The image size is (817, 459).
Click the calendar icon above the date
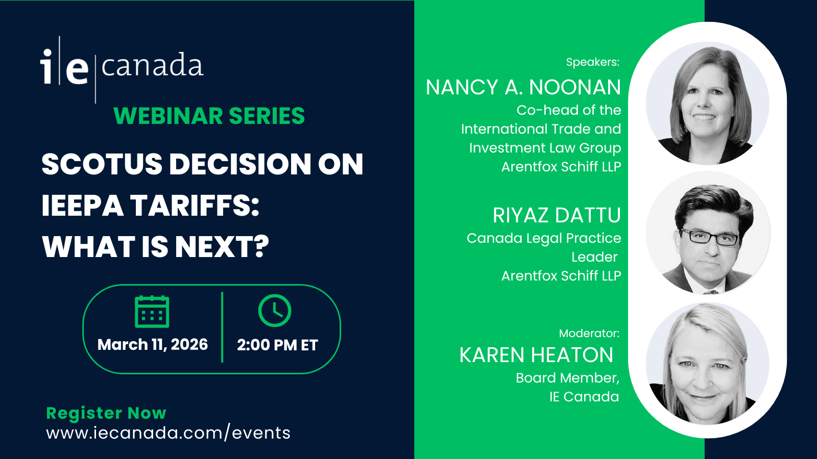pos(152,312)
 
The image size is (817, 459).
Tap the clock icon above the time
pos(275,311)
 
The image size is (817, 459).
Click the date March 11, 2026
pos(153,345)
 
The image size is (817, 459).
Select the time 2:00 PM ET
pos(278,345)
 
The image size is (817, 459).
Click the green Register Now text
pos(106,413)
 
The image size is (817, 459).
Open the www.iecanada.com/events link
pos(168,433)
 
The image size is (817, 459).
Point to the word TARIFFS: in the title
pos(195,206)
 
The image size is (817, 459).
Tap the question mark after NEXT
pos(260,247)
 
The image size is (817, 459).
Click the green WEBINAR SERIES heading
pos(209,116)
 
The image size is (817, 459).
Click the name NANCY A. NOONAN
pos(523,87)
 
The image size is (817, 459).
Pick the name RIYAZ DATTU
pos(557,215)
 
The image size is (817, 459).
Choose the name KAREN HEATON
pos(536,355)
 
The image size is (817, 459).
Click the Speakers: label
pos(593,62)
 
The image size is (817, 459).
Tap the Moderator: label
pos(589,333)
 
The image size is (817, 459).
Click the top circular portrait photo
pos(708,104)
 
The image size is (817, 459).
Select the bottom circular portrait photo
pos(708,364)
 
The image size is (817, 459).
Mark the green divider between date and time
pos(222,327)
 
